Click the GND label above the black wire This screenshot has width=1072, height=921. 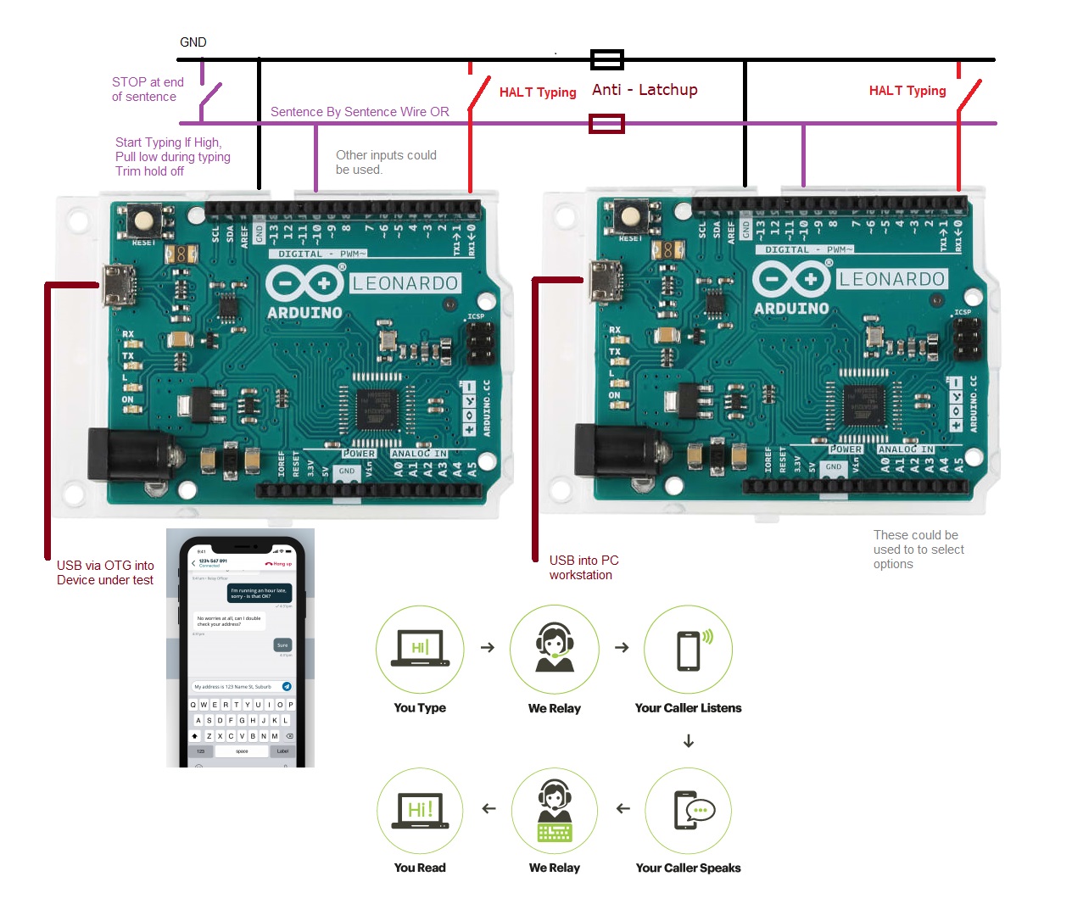(193, 42)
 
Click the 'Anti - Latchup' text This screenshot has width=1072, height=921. (645, 90)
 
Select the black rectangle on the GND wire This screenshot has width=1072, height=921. (607, 59)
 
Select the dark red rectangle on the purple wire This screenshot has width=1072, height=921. (607, 124)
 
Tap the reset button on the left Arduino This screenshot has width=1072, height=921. (144, 221)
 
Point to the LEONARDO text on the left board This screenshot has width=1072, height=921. (405, 283)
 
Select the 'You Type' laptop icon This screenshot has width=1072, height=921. (420, 650)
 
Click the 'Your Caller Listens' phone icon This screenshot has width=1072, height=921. (688, 650)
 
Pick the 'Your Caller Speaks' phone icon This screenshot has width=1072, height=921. (688, 810)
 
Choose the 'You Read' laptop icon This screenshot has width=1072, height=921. (420, 810)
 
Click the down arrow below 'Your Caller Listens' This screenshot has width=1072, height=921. (689, 742)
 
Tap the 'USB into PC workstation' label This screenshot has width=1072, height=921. (583, 567)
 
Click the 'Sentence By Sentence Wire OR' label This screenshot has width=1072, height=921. (360, 112)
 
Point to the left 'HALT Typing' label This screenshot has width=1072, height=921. (538, 92)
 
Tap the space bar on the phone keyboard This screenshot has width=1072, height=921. (242, 751)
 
